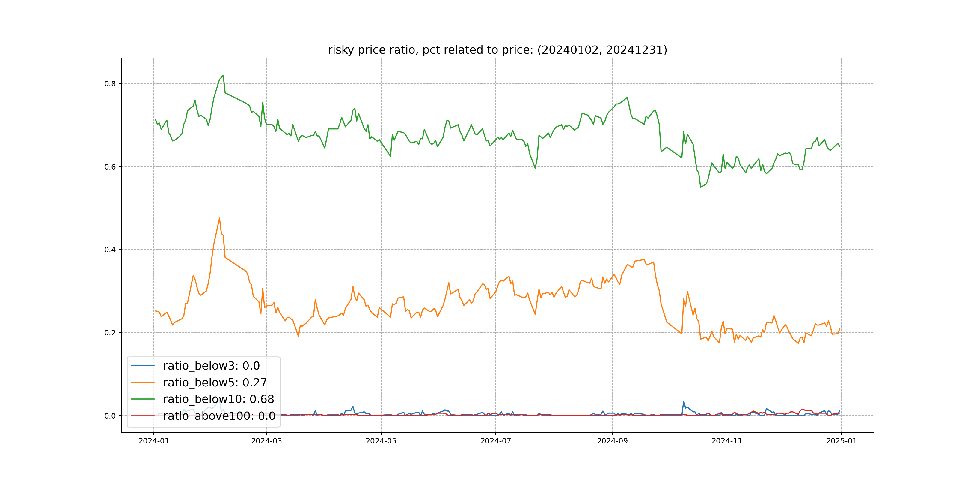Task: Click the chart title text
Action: pyautogui.click(x=497, y=50)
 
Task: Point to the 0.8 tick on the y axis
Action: pyautogui.click(x=110, y=84)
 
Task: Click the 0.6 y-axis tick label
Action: pyautogui.click(x=110, y=167)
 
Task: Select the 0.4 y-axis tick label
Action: pyautogui.click(x=110, y=250)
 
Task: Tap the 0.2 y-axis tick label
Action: pyautogui.click(x=110, y=333)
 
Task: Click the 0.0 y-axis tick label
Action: pyautogui.click(x=110, y=416)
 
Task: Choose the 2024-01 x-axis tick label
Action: pyautogui.click(x=154, y=441)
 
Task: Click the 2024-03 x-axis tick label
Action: pyautogui.click(x=266, y=441)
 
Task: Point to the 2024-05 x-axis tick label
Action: pyautogui.click(x=381, y=441)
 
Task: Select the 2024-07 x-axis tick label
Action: pyautogui.click(x=496, y=441)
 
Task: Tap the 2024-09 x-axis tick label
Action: pyautogui.click(x=612, y=441)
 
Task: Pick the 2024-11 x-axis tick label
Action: pyautogui.click(x=727, y=441)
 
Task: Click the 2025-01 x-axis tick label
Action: pyautogui.click(x=841, y=441)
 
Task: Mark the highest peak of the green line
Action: pyautogui.click(x=223, y=76)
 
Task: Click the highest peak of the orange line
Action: pyautogui.click(x=219, y=218)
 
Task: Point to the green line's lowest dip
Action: pyautogui.click(x=701, y=187)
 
